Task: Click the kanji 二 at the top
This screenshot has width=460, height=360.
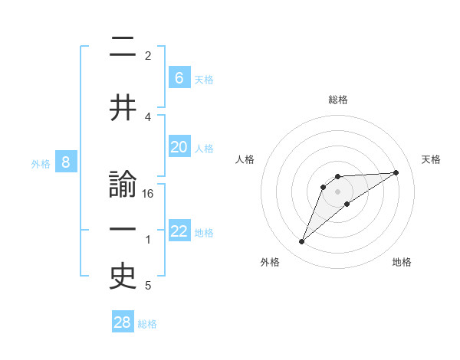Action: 123,47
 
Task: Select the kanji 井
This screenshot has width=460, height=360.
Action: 123,108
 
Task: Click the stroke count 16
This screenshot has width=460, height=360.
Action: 148,194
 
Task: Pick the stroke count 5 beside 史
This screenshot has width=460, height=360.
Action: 148,286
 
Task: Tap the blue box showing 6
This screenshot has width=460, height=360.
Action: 179,77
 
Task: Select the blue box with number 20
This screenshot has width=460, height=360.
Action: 179,147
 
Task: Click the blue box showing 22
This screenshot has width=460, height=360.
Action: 179,231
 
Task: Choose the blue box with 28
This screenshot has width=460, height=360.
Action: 123,322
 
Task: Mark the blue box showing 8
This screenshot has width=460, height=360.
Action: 66,162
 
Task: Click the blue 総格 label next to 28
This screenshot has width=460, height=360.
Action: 147,324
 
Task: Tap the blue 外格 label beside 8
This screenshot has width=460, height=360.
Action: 40,163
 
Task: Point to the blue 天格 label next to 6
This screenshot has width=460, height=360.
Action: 203,79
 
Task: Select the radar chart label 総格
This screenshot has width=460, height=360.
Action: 337,100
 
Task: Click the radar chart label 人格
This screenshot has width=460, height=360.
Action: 245,159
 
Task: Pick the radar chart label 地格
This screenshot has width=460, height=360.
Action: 402,262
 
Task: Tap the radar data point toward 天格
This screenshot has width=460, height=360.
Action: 396,172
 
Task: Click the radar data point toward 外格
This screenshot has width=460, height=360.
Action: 302,242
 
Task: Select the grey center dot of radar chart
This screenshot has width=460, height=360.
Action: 337,191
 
